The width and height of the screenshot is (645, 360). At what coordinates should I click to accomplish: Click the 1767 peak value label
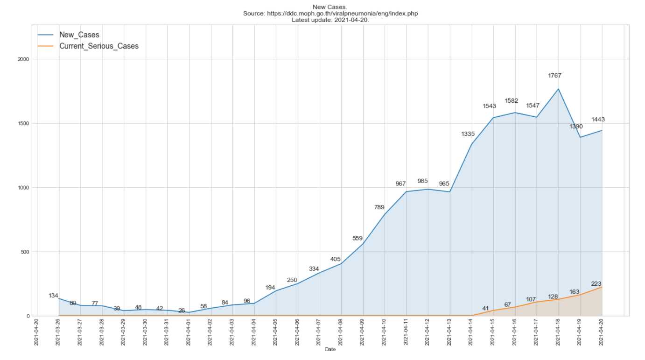click(554, 76)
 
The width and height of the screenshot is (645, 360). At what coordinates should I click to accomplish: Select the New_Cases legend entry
click(79, 35)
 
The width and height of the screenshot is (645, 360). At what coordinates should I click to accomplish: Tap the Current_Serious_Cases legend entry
click(98, 46)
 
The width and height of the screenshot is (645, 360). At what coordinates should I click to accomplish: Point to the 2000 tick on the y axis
click(24, 59)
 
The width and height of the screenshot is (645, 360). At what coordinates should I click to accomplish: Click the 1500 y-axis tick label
click(24, 123)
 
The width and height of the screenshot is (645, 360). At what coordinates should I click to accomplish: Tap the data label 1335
click(468, 134)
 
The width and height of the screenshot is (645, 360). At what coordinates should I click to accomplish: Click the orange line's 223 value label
click(596, 283)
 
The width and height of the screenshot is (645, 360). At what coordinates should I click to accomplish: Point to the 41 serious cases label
click(485, 308)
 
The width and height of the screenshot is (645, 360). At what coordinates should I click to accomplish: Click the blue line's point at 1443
click(602, 131)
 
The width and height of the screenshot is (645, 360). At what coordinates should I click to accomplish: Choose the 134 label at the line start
click(53, 296)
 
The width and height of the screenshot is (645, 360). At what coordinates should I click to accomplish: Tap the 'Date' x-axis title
click(330, 349)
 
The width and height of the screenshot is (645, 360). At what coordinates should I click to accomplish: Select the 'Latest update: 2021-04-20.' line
click(330, 20)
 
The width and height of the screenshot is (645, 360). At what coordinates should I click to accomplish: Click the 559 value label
click(358, 238)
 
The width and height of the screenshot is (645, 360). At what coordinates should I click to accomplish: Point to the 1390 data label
click(576, 127)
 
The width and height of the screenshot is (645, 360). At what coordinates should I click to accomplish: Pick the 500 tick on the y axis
click(25, 252)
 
